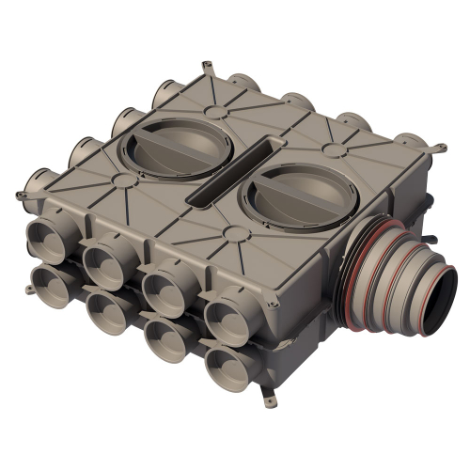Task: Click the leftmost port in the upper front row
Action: [50, 238]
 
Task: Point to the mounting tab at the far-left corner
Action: [21, 194]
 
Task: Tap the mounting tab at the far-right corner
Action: [438, 147]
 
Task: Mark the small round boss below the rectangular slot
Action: [231, 231]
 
